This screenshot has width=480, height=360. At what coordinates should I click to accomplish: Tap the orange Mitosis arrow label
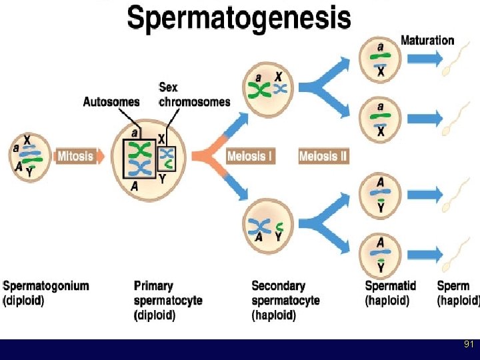click(x=75, y=157)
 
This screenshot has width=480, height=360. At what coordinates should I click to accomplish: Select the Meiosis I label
click(x=250, y=157)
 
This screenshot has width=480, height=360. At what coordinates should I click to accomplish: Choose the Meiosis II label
click(x=323, y=157)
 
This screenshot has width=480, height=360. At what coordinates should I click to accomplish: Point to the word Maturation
click(x=427, y=40)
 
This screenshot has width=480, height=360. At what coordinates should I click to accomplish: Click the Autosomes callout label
click(x=111, y=102)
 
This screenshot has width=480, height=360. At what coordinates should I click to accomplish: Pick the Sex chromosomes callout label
click(x=194, y=95)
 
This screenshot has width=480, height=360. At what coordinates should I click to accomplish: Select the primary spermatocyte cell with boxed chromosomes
click(x=150, y=160)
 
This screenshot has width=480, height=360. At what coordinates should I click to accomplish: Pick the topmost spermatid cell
click(x=380, y=59)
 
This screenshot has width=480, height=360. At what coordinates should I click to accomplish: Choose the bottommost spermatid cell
click(x=380, y=255)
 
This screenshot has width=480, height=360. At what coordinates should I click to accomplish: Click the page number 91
click(x=469, y=345)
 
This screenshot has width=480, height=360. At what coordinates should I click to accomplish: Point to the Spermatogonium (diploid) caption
click(x=45, y=293)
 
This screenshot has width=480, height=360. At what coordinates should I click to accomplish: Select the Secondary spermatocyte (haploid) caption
click(x=285, y=300)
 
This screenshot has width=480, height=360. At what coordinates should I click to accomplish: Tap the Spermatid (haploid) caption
click(x=390, y=293)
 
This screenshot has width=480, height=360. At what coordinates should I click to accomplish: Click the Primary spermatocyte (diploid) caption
click(x=167, y=300)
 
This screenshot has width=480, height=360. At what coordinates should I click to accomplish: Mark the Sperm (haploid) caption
click(x=458, y=293)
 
